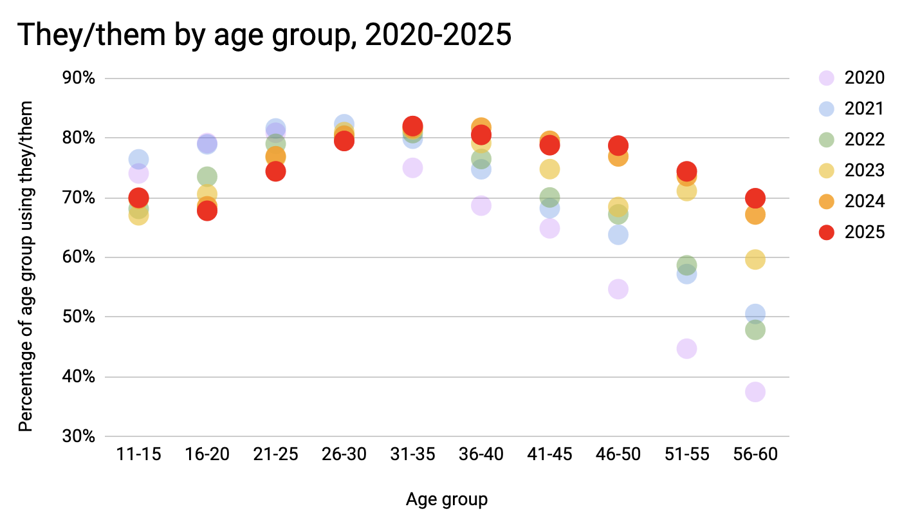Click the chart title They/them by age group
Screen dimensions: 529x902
point(264,35)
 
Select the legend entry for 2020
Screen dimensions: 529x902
point(864,78)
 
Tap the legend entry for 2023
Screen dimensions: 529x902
point(864,171)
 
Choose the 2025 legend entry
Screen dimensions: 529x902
point(864,232)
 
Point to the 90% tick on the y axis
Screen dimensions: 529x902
point(80,79)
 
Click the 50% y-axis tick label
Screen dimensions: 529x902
point(80,317)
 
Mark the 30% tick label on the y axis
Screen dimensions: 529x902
point(80,436)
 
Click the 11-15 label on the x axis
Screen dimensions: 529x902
point(138,454)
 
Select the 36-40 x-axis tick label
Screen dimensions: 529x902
point(481,454)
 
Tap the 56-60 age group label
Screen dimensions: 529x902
point(755,454)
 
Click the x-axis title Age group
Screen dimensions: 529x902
point(446,499)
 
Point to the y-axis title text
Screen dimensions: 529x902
point(25,257)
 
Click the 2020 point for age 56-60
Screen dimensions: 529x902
point(755,391)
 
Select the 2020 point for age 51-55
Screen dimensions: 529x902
point(686,348)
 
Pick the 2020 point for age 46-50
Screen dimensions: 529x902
point(618,289)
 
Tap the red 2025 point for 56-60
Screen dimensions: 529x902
point(755,198)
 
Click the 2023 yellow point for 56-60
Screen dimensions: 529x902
point(755,259)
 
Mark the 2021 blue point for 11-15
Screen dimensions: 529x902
point(138,159)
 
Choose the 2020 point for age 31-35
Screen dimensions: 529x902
point(412,167)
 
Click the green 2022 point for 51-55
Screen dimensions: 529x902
point(686,264)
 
